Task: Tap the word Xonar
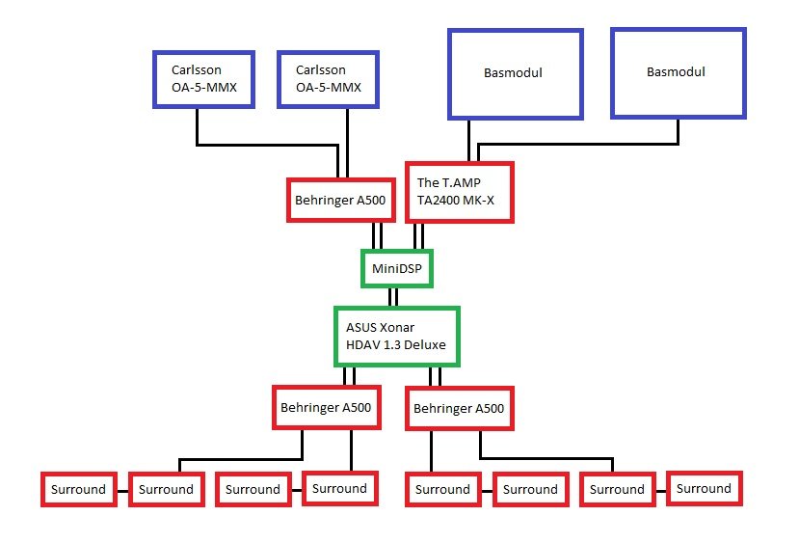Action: [x=397, y=327]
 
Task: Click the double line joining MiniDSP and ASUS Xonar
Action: [x=393, y=297]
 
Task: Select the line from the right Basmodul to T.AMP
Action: [x=578, y=145]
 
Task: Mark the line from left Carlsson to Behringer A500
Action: [x=267, y=146]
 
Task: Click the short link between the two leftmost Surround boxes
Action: [x=122, y=491]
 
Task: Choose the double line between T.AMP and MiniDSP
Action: [x=418, y=235]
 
